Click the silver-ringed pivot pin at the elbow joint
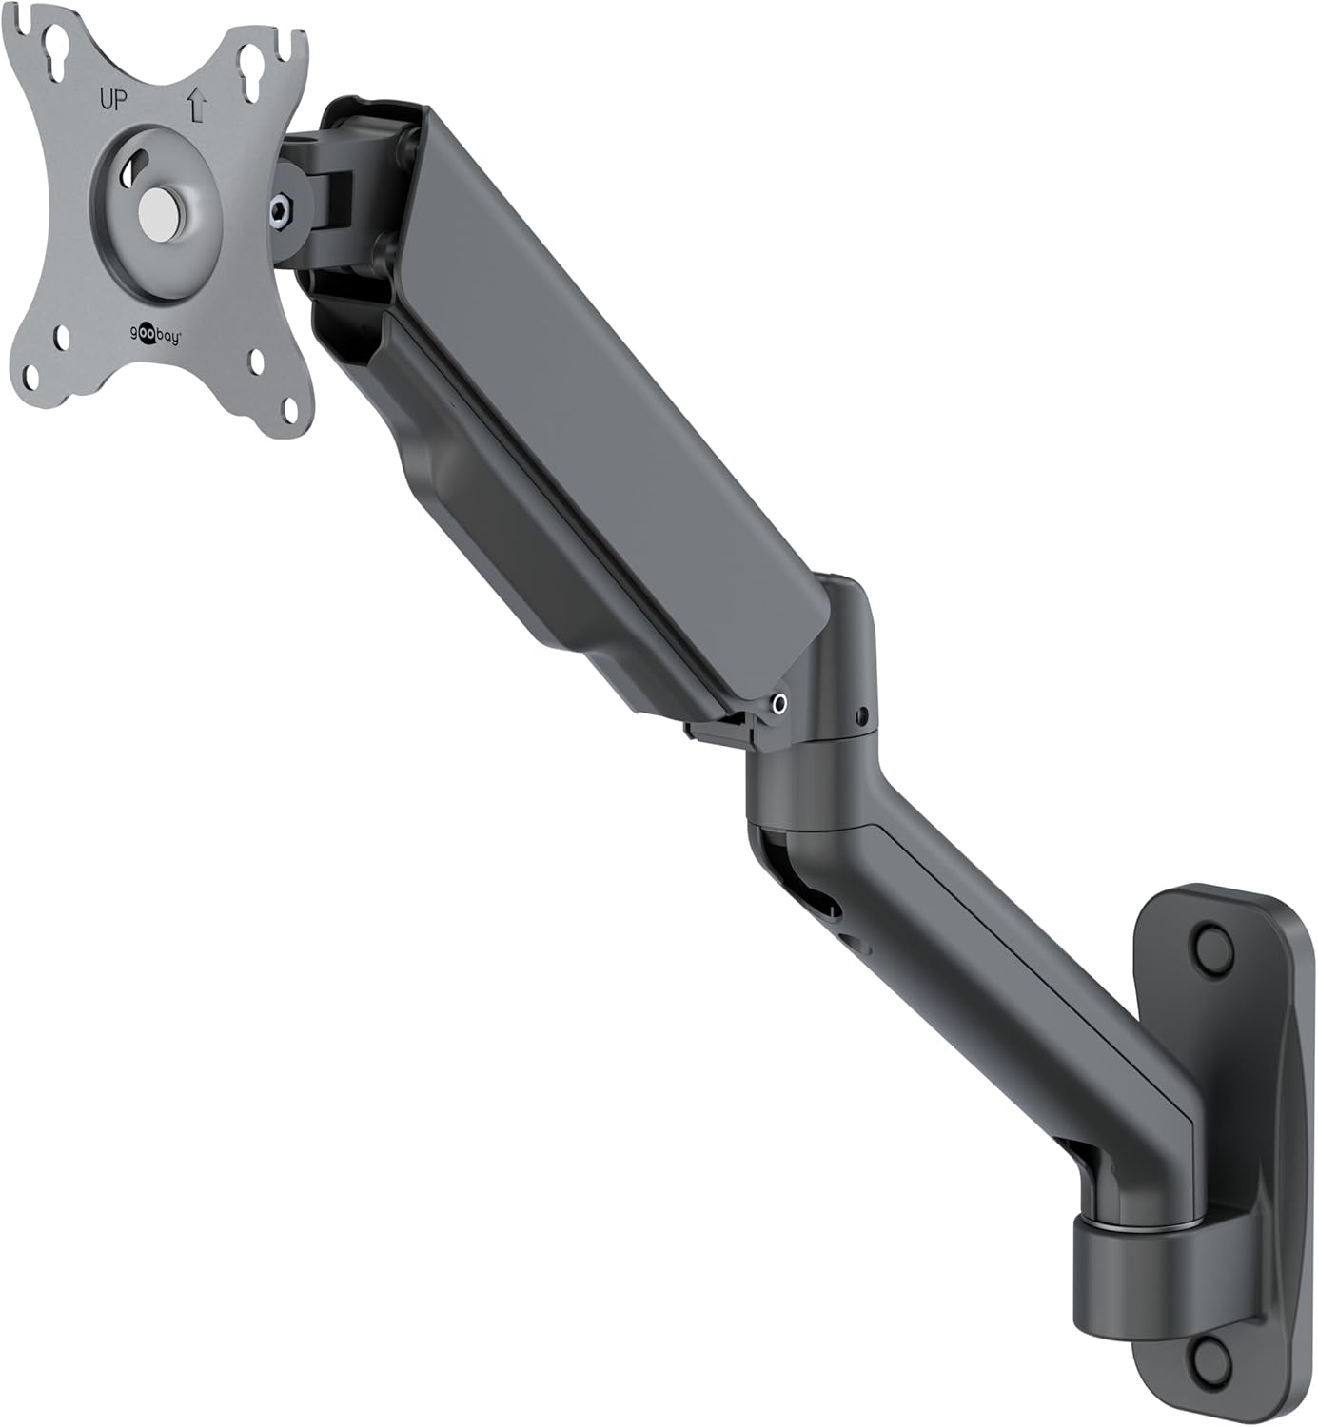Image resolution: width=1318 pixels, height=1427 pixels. (x=780, y=703)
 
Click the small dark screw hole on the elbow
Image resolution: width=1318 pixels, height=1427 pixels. (x=862, y=713)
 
